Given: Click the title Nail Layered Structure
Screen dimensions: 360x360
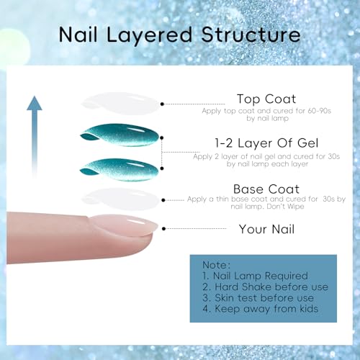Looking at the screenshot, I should click(x=180, y=33).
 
